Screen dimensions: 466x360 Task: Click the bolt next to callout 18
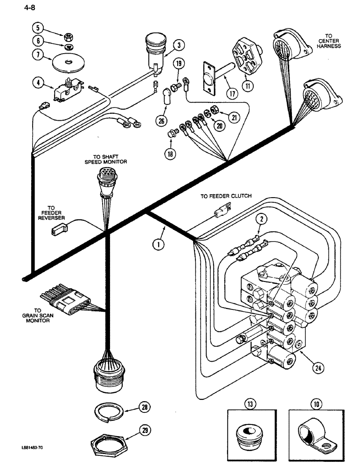[x=171, y=135]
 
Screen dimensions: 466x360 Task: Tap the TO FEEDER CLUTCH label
[x=226, y=196]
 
